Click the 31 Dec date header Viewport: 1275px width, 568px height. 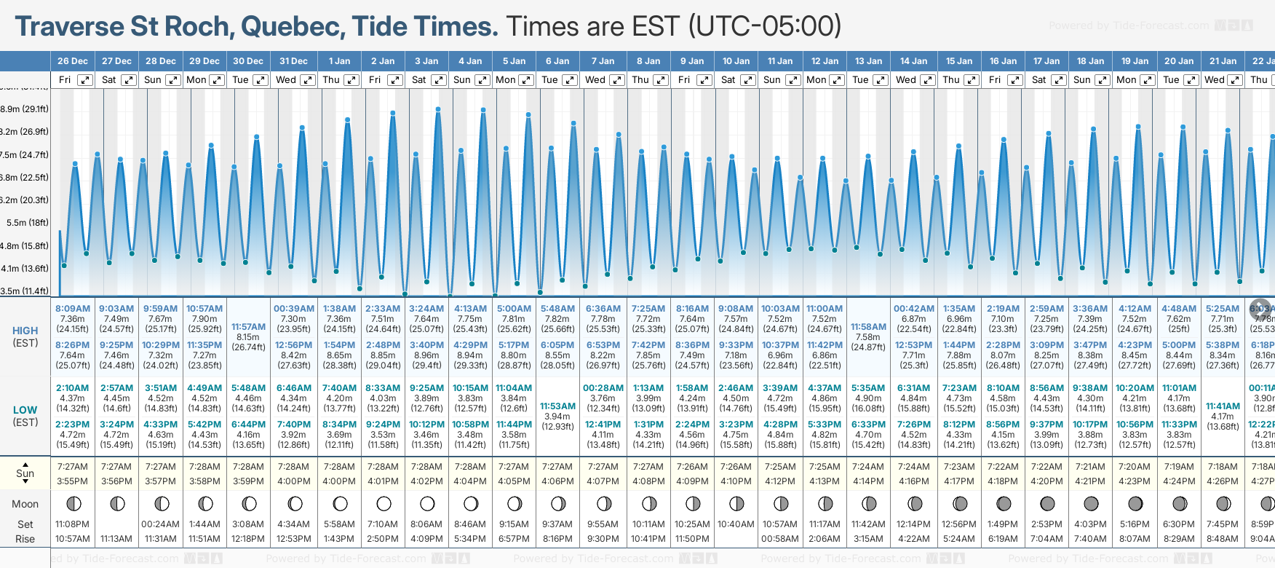(x=293, y=61)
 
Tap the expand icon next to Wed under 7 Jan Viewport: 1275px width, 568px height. (x=616, y=80)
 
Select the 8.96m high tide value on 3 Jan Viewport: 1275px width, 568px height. (x=426, y=355)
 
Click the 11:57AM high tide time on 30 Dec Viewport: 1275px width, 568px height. (x=248, y=327)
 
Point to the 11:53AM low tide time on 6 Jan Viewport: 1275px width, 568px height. (x=557, y=406)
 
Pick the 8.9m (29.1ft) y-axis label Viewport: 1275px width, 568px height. (x=25, y=109)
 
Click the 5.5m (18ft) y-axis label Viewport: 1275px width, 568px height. (x=28, y=223)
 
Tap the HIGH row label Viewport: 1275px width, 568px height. (x=25, y=331)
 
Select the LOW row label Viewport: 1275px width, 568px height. (x=25, y=410)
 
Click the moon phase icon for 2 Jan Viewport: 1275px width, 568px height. (x=384, y=503)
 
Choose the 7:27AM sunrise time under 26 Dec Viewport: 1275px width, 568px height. (x=72, y=467)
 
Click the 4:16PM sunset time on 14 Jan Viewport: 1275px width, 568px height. (x=913, y=481)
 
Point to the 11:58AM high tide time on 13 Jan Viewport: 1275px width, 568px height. (x=868, y=327)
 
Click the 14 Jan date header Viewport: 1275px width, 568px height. (x=913, y=61)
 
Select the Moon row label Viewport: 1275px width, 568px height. (x=25, y=504)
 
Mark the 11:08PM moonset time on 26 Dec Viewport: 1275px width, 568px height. (x=72, y=524)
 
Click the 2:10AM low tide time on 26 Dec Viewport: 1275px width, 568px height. (x=72, y=388)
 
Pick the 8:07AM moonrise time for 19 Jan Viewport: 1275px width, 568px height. (x=1135, y=539)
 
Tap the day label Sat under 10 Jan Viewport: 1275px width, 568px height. (x=728, y=80)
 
